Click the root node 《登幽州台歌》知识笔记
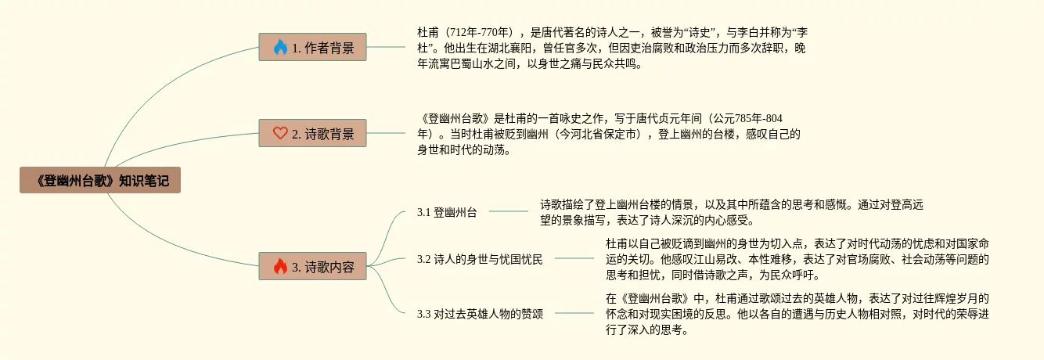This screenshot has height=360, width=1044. [100, 180]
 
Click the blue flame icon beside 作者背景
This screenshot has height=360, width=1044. [280, 48]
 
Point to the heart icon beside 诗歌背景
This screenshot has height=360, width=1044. [280, 134]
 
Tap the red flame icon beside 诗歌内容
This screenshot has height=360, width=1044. [280, 267]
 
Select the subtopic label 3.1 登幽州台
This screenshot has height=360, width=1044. [447, 211]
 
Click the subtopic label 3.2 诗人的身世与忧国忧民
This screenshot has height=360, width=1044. [480, 259]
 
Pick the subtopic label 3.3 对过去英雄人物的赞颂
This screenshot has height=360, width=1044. [480, 314]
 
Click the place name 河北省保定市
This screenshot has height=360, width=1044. [599, 135]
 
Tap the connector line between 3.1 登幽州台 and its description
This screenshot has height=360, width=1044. [508, 211]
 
